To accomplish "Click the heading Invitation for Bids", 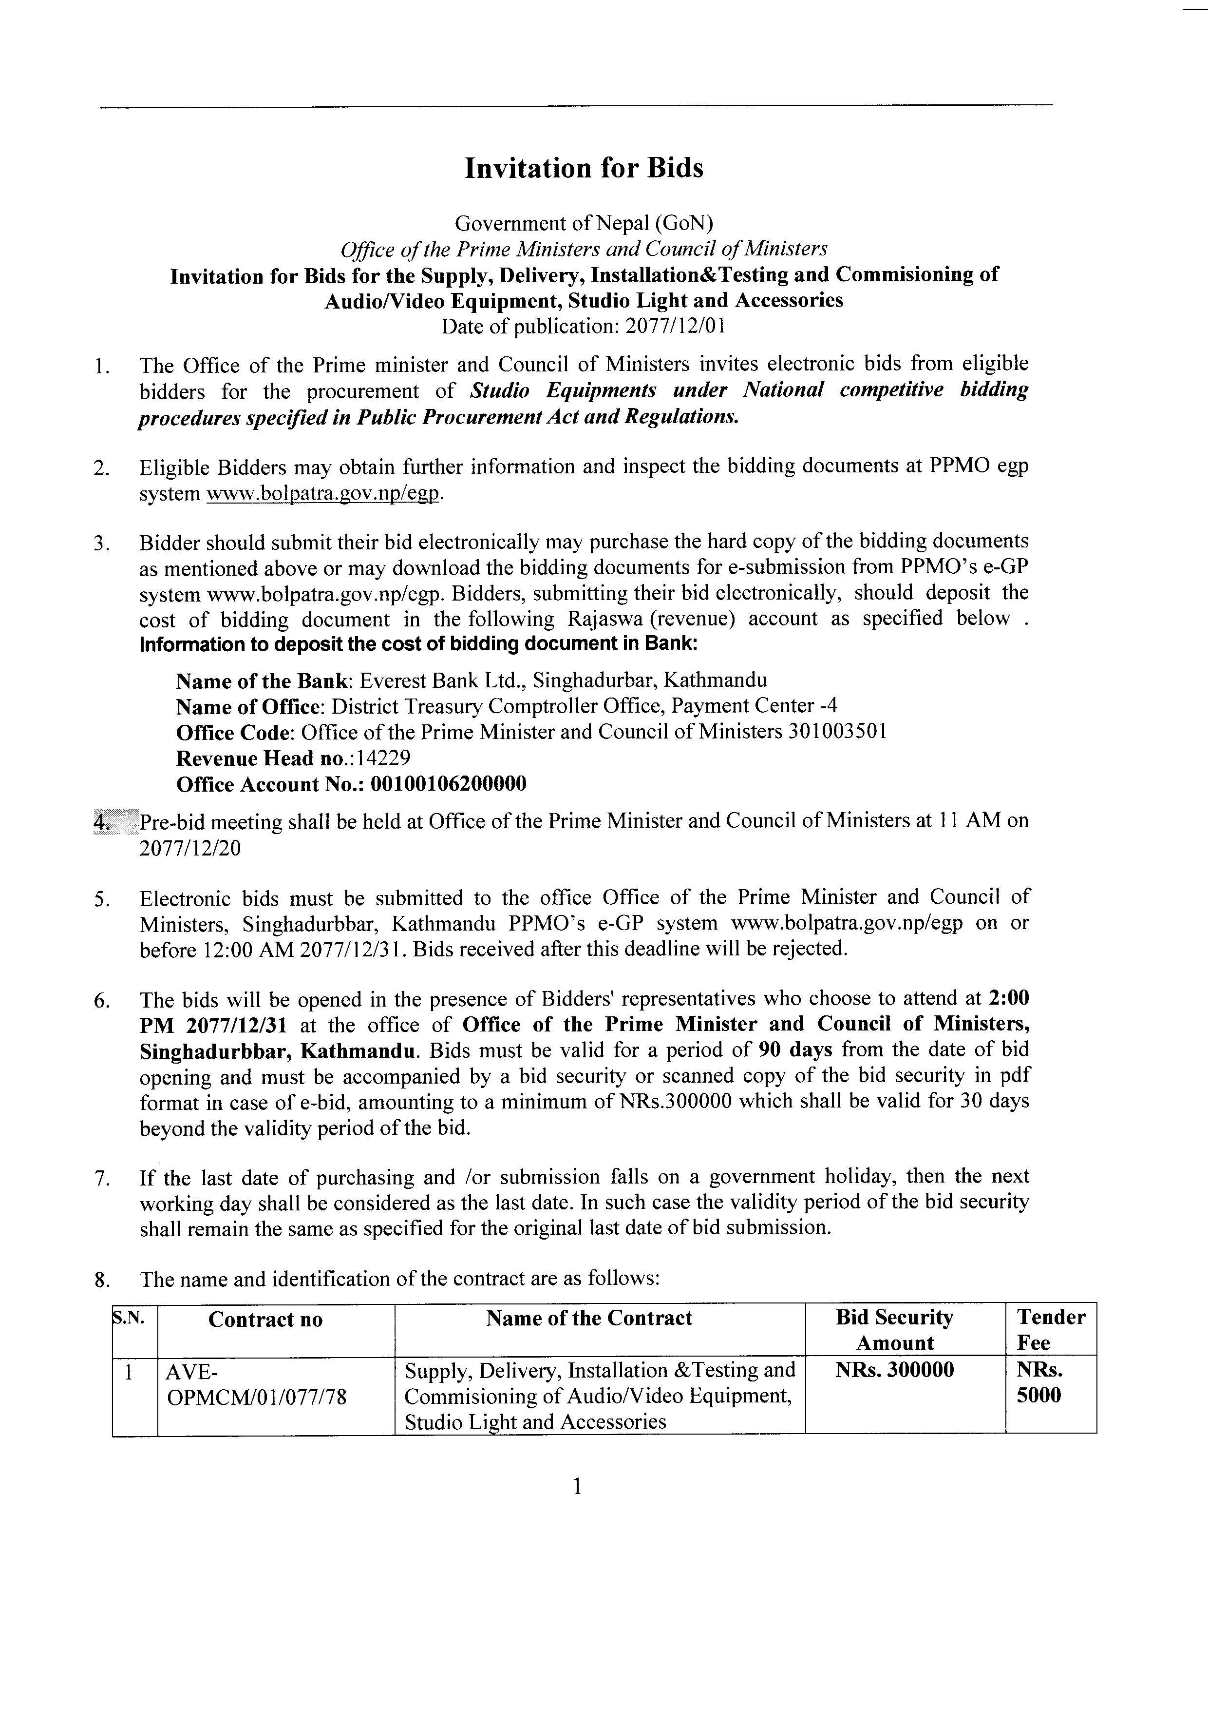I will pyautogui.click(x=584, y=168).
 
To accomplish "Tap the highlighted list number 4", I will pyautogui.click(x=102, y=821).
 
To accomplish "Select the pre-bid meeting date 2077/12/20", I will pyautogui.click(x=190, y=848).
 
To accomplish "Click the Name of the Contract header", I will pyautogui.click(x=589, y=1318).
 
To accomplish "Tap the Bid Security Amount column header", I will pyautogui.click(x=894, y=1330).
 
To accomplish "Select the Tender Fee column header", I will pyautogui.click(x=1050, y=1330).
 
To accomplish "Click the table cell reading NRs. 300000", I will pyautogui.click(x=894, y=1370).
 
